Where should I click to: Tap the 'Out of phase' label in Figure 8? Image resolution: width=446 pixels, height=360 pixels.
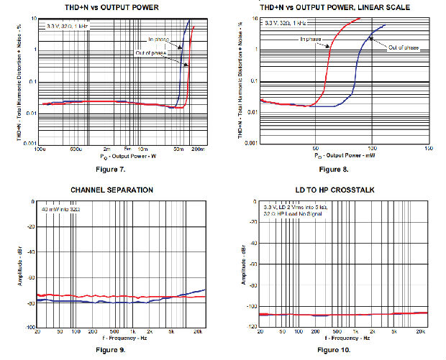point(403,47)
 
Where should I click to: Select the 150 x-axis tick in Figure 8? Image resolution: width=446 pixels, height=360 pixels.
point(428,149)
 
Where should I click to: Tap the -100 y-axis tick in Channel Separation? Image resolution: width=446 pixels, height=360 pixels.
point(28,327)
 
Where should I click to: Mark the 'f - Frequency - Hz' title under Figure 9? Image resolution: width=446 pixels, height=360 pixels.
point(119,338)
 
